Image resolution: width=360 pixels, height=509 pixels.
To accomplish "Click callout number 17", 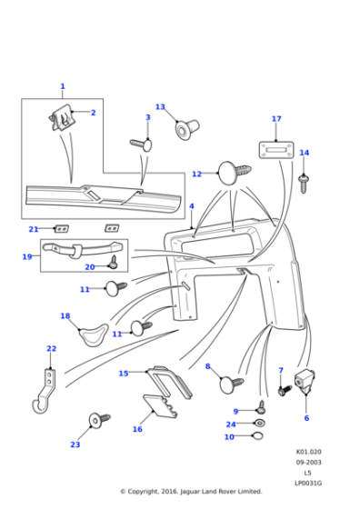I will click(x=276, y=119).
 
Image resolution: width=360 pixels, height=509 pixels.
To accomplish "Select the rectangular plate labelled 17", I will click(x=275, y=149).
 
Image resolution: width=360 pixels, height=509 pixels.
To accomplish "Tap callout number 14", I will click(x=304, y=153).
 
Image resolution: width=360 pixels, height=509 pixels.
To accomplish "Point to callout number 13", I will click(x=160, y=107).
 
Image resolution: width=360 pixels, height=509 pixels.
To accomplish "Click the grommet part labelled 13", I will click(x=185, y=128).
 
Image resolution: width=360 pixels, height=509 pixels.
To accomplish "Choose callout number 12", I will click(x=196, y=174).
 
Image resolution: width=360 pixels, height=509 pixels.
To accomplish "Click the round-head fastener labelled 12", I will click(x=230, y=172).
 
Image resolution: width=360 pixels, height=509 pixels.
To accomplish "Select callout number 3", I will click(x=147, y=117).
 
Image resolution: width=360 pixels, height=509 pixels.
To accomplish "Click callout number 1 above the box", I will click(x=62, y=86).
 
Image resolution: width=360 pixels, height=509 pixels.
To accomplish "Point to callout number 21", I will click(x=33, y=229).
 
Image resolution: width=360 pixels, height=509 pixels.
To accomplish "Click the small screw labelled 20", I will click(x=113, y=262).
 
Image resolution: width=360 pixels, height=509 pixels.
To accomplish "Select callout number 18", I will click(x=65, y=315).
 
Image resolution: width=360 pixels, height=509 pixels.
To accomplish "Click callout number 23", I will click(x=75, y=444).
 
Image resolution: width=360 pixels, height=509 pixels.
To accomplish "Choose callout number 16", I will click(x=137, y=429).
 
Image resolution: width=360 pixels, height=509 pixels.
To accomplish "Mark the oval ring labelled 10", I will click(x=257, y=436).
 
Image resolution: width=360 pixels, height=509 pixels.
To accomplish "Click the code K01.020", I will click(x=308, y=452).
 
